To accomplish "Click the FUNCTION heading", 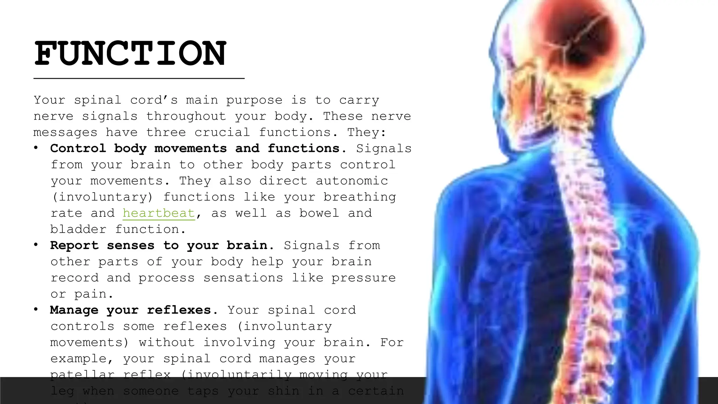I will point(130,54).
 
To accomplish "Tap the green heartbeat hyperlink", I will point(158,213).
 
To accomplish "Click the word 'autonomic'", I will point(352,181).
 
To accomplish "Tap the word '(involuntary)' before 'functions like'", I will point(102,197).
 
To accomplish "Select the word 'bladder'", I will point(78,229).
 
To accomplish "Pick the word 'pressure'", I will point(364,278).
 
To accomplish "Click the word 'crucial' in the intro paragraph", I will point(222,132).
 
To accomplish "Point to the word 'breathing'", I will point(359,197).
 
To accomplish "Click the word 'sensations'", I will point(243,278).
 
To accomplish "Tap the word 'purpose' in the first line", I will point(254,100).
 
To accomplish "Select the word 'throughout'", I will point(186,116).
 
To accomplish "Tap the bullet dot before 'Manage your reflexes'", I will point(36,309).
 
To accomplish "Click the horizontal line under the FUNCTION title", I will point(139,79).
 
